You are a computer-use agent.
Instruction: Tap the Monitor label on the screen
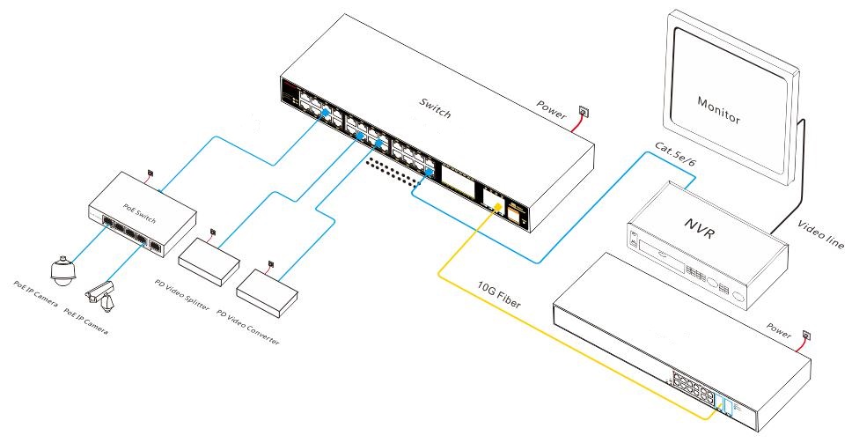click(x=718, y=110)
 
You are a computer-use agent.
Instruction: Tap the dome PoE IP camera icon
click(x=62, y=274)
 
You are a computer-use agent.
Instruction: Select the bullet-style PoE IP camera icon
click(x=99, y=294)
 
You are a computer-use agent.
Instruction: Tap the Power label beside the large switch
click(x=551, y=105)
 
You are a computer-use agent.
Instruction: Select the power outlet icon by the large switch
click(x=583, y=111)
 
